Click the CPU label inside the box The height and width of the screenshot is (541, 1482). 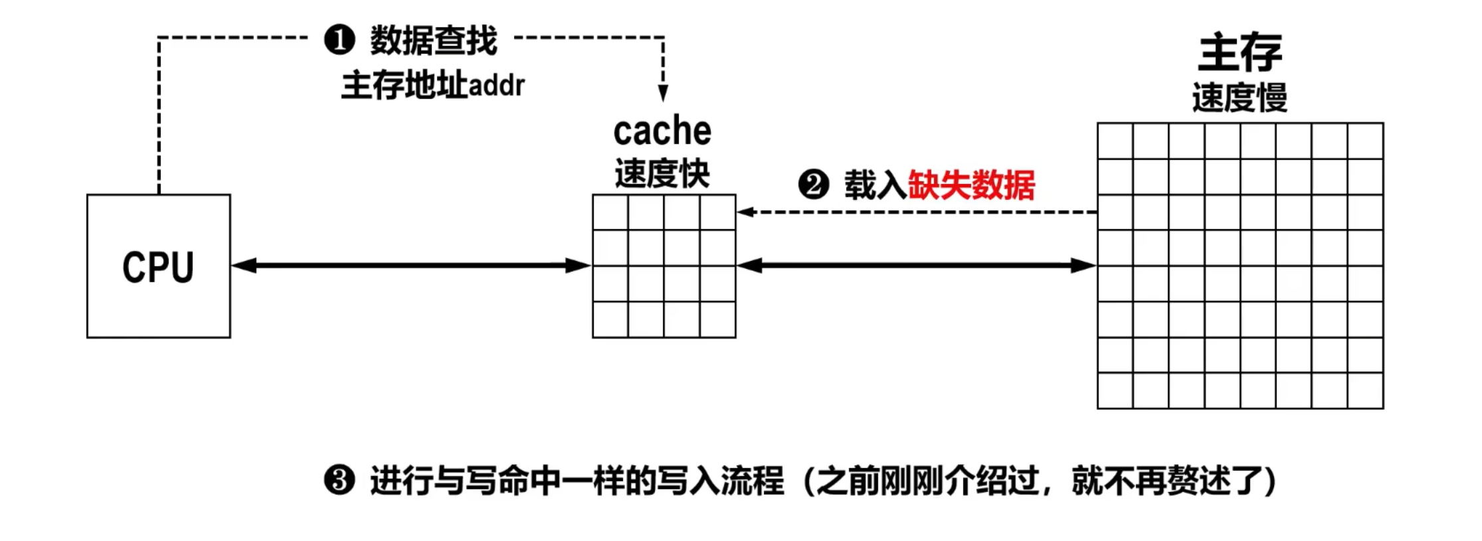(x=158, y=268)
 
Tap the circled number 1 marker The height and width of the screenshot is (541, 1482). (x=339, y=40)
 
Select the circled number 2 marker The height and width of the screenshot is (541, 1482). (x=813, y=185)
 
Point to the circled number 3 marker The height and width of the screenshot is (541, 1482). (x=339, y=480)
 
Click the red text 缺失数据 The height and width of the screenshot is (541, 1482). (x=971, y=185)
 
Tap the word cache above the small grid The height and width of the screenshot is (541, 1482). (x=662, y=131)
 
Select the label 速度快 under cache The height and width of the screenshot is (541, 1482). (x=662, y=174)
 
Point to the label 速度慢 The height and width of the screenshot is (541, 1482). (x=1240, y=98)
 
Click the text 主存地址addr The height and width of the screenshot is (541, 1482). (x=433, y=86)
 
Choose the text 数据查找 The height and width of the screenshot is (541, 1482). (x=433, y=40)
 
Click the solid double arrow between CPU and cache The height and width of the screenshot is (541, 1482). (x=411, y=266)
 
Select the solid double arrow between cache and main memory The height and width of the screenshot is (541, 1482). (x=916, y=266)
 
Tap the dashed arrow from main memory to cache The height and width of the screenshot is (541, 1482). (x=916, y=212)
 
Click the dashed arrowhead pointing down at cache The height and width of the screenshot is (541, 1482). (x=662, y=93)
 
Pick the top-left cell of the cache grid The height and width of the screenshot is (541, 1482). (x=610, y=212)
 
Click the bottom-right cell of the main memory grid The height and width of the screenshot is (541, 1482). (x=1365, y=390)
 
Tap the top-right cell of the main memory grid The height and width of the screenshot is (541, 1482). (x=1365, y=141)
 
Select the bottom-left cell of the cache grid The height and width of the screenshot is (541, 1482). (x=610, y=319)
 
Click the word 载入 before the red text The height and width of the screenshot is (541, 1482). (x=875, y=185)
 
